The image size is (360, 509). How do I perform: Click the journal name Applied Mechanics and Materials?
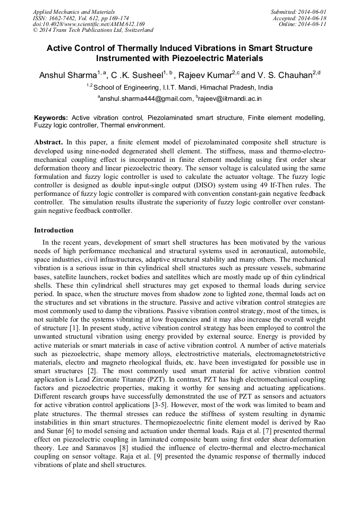pyautogui.click(x=74, y=11)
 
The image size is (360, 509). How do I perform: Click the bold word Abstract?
pyautogui.click(x=48, y=143)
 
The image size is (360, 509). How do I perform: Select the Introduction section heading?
pyautogui.click(x=54, y=230)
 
